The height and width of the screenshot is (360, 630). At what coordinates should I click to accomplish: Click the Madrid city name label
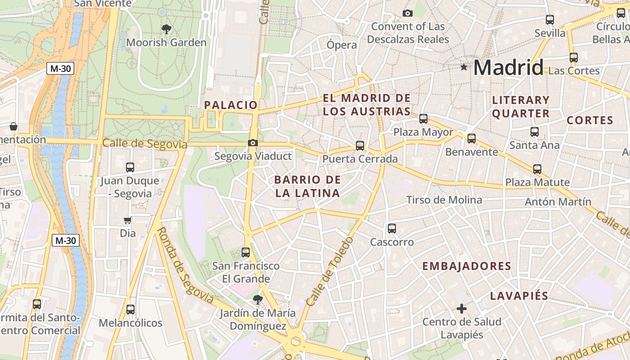(508, 67)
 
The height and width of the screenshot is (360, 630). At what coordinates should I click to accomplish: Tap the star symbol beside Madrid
(464, 67)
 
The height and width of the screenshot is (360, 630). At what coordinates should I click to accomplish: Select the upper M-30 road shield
(60, 69)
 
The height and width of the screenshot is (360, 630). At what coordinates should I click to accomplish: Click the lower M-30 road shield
(66, 240)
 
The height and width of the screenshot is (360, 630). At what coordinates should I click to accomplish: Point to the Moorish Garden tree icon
(166, 30)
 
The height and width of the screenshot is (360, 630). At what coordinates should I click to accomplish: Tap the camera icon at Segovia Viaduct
(253, 143)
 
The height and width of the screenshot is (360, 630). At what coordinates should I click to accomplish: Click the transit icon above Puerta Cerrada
(360, 145)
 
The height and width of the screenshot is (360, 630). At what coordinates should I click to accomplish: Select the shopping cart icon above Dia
(128, 220)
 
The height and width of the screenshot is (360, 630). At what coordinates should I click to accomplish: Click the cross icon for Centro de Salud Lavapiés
(462, 309)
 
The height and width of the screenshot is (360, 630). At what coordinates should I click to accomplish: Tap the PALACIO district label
(231, 105)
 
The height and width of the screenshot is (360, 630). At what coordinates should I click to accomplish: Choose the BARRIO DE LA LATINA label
(307, 186)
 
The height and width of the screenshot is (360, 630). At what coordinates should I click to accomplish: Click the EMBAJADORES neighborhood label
(467, 266)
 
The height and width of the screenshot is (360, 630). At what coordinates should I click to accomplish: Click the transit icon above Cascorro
(392, 229)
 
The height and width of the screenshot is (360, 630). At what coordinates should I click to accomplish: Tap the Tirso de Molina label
(444, 200)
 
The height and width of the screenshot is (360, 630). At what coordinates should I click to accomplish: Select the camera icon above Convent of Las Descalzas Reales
(408, 13)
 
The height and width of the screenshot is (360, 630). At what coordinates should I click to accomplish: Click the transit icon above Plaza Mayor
(423, 119)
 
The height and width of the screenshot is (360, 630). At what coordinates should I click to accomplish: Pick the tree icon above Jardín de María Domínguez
(257, 299)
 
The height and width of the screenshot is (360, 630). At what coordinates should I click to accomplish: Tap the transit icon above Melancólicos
(130, 310)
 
